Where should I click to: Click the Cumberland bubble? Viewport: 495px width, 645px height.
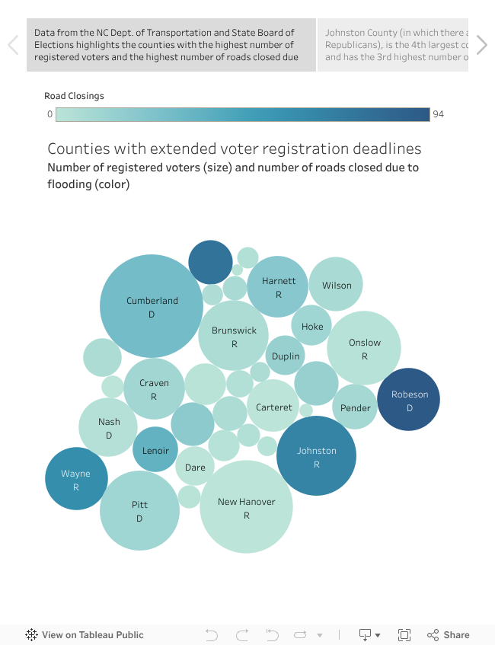coord(152,306)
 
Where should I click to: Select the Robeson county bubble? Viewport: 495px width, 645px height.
coord(409,400)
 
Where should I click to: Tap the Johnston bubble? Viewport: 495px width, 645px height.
coord(316,456)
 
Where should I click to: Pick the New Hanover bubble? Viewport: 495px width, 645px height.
coord(246,507)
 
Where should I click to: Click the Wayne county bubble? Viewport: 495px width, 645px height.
coord(76,479)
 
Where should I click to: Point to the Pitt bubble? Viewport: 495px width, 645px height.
coord(139,510)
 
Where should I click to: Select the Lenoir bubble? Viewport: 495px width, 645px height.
coord(155,450)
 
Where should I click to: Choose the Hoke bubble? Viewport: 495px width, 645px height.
coord(311,326)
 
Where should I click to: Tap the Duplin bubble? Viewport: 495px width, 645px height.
coord(286,356)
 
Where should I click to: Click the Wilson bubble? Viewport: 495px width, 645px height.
coord(337,286)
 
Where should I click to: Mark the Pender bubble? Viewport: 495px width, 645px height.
coord(355,407)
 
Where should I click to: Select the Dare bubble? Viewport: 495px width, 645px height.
coord(195,467)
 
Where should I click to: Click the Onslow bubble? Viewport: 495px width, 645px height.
coord(364,348)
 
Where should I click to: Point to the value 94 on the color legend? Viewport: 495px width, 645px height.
coord(438,114)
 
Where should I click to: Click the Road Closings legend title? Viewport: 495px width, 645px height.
coord(74,96)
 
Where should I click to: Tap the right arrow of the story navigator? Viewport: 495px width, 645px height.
coord(481,45)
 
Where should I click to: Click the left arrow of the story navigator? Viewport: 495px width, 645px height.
coord(13,45)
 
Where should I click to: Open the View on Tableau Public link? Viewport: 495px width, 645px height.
coord(85,634)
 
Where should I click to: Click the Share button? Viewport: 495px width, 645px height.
coord(449,634)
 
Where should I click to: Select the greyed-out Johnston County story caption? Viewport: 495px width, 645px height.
coord(393,45)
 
